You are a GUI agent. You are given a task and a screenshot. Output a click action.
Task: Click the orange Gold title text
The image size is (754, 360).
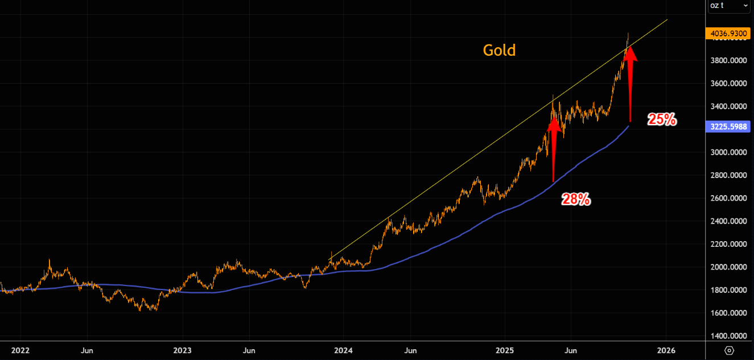[x=499, y=51]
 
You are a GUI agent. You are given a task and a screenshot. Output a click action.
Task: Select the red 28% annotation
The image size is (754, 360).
[x=576, y=199]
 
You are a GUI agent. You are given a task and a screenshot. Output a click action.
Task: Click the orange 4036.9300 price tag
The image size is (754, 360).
[x=728, y=34]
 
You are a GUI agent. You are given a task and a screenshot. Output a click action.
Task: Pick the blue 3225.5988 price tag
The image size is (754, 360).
[x=728, y=127]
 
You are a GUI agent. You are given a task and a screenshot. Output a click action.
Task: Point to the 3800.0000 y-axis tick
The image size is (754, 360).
[x=728, y=61]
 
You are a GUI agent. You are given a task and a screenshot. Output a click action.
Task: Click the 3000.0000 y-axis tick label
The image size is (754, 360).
[x=728, y=152]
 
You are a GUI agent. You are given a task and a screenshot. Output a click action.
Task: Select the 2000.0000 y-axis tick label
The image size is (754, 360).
[x=728, y=267]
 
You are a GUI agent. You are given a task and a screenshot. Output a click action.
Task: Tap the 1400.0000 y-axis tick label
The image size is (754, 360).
[x=728, y=336]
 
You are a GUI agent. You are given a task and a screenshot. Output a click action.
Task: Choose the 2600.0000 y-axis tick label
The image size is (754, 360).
[x=728, y=198]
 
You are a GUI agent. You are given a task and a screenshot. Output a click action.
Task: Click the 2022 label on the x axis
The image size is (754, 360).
[x=20, y=350]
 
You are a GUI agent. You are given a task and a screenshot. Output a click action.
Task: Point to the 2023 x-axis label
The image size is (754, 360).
[x=182, y=350]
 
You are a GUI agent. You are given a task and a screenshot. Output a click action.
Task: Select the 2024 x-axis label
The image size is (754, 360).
[x=343, y=350]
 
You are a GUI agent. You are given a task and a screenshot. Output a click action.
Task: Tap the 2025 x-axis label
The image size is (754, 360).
[x=505, y=350]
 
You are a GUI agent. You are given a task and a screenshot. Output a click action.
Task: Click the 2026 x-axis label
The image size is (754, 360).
[x=666, y=350]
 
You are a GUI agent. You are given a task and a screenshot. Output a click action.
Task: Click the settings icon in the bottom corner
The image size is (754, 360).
[x=729, y=350]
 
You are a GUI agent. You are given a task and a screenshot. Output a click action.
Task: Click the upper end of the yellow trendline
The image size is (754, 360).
[x=667, y=20]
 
